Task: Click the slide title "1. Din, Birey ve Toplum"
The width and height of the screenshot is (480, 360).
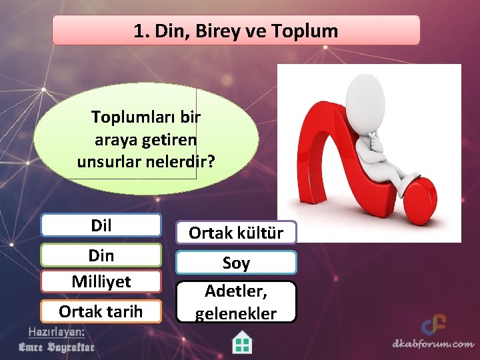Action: tap(236, 31)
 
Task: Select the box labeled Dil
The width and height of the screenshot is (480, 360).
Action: tap(101, 225)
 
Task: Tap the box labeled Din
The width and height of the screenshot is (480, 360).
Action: tap(101, 255)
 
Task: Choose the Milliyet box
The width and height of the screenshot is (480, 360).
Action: tap(101, 281)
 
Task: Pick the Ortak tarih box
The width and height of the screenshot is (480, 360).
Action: tap(101, 311)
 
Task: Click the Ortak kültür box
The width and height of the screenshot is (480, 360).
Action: tap(236, 233)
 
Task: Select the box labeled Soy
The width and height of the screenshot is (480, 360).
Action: tap(236, 263)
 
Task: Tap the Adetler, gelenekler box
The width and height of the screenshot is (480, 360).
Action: tap(236, 302)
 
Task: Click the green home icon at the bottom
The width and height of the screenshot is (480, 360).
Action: tap(242, 343)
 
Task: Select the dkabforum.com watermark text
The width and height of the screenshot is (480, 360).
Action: tap(433, 345)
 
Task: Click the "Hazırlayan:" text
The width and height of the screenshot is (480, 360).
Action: tap(56, 332)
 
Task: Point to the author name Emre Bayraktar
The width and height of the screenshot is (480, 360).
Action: tap(56, 347)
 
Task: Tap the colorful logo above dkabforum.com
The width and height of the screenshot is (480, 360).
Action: tap(433, 325)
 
